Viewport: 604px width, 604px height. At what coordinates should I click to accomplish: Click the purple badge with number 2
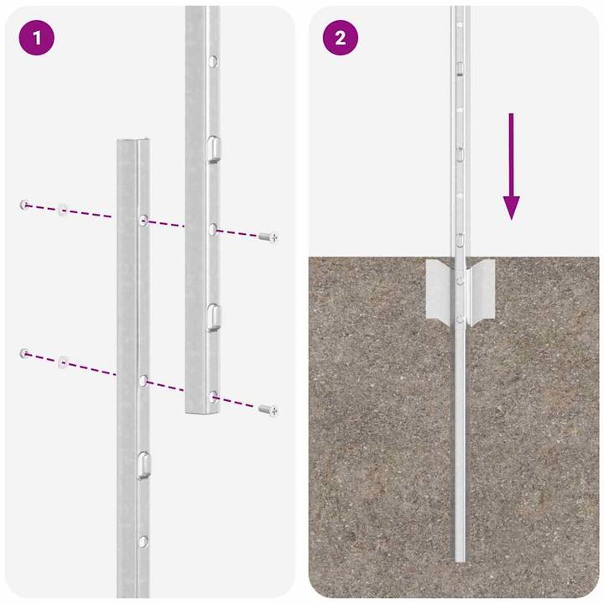point(340,38)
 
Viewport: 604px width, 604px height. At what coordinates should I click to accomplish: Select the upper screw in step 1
point(268,237)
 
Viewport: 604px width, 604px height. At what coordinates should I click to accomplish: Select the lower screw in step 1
point(268,409)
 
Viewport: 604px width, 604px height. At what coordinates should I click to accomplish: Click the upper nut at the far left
point(26,204)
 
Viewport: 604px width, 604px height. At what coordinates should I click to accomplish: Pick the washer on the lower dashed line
point(63,362)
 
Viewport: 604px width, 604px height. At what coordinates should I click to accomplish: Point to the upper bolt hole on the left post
point(144,221)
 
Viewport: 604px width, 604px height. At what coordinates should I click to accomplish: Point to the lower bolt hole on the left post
point(143,381)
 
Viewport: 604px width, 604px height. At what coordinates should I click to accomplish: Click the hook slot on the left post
point(143,462)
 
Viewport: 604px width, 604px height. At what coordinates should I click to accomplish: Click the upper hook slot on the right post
point(213,148)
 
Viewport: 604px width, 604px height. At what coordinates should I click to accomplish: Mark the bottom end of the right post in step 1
point(201,410)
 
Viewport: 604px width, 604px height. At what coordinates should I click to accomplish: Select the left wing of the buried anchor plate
point(440,289)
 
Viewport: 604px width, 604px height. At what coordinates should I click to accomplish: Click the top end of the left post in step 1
point(134,143)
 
